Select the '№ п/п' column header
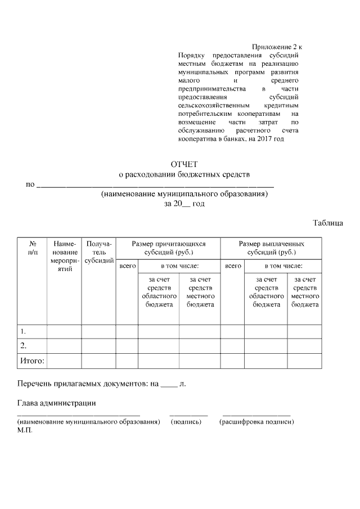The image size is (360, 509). [31, 248]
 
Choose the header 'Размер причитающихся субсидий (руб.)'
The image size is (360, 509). [169, 248]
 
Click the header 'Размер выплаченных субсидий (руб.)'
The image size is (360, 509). [272, 248]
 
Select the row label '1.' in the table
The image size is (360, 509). [24, 331]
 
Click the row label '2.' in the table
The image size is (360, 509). [24, 345]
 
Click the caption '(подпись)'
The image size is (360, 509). [186, 421]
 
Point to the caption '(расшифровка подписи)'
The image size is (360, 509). [256, 421]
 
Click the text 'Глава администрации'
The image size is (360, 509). [56, 403]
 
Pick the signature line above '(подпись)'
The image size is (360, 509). [188, 415]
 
